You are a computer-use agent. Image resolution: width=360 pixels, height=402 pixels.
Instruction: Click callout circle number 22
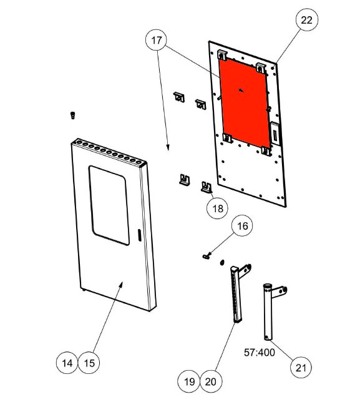[307, 20]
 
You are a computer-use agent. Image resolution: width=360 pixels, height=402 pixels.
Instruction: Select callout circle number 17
[157, 40]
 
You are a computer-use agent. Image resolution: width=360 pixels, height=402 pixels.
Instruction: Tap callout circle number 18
[218, 208]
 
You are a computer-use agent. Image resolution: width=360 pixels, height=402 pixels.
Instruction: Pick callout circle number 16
[242, 226]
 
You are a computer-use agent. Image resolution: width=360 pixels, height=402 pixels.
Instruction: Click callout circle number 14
[67, 363]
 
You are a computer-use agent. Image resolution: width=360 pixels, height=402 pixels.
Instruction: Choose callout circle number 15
[89, 363]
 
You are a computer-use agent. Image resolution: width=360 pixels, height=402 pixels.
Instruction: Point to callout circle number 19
[189, 382]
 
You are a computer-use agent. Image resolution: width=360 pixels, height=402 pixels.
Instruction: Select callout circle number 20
[211, 382]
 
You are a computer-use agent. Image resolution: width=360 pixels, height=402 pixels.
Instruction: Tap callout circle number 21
[301, 368]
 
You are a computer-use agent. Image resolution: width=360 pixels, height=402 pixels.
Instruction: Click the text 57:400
[260, 353]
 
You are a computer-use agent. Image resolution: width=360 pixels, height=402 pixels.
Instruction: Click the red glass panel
[244, 102]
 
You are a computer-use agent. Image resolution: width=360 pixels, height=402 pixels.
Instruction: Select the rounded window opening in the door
[109, 205]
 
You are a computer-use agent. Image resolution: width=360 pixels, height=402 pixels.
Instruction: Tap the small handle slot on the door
[139, 235]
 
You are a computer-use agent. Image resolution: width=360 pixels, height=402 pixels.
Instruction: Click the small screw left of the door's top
[73, 115]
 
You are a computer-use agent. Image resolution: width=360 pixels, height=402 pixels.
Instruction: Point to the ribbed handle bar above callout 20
[237, 293]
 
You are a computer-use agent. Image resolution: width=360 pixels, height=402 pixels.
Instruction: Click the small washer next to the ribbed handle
[222, 262]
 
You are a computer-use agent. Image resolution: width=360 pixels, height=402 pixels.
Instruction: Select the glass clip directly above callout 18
[207, 187]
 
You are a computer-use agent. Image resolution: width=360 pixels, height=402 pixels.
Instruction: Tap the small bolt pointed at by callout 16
[206, 256]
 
